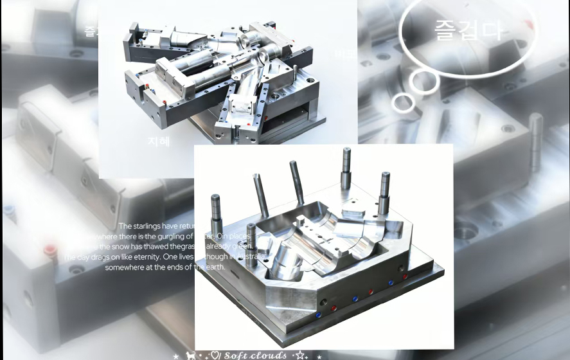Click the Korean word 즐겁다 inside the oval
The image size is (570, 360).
point(468,30)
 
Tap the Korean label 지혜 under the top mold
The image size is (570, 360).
point(158,141)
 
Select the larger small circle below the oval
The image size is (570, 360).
point(425,80)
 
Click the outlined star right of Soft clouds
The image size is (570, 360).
point(299,355)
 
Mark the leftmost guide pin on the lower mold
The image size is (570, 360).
point(217,215)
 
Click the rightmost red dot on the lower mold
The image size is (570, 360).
point(405,276)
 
